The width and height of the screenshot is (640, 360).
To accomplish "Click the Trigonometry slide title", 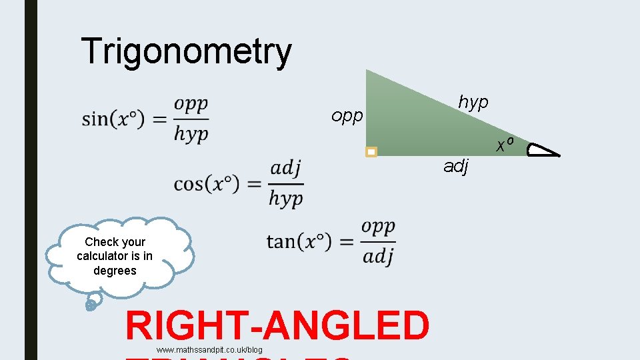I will tap(186, 51).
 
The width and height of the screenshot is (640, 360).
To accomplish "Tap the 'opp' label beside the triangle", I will tap(347, 117).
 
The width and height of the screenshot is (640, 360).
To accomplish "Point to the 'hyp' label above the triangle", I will tap(473, 102).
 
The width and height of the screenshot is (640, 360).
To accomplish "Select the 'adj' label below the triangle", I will tap(457, 166).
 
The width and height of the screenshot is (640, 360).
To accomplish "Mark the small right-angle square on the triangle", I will tap(371, 152).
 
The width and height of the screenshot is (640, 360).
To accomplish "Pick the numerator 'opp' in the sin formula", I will tap(191, 105).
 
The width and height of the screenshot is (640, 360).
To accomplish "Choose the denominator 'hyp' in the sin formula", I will tap(191, 134).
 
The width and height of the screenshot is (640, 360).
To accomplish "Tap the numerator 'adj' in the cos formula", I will tap(286, 167).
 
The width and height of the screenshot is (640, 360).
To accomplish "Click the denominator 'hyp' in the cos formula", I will tap(285, 198).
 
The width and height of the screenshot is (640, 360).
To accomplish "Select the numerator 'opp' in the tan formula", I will tap(378, 227).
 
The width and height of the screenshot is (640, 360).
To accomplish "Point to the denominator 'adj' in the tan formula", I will tap(378, 255).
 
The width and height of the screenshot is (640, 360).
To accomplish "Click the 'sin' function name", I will tap(95, 120).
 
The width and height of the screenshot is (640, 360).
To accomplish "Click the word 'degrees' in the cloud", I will tap(115, 271).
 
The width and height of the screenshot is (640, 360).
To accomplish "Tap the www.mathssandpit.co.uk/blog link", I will tap(209, 350).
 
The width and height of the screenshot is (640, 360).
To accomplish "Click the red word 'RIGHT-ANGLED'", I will tap(277, 326).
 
